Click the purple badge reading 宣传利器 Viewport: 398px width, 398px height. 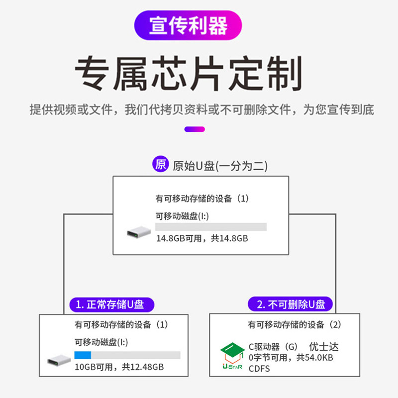click(x=189, y=25)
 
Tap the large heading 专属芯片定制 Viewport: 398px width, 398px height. click(x=189, y=73)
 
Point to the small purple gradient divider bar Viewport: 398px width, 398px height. click(x=195, y=129)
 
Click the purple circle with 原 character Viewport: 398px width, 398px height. click(x=160, y=165)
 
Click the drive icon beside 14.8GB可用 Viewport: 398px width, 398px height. click(x=138, y=232)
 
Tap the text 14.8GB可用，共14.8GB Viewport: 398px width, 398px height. click(x=202, y=238)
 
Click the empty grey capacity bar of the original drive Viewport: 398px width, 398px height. click(x=211, y=227)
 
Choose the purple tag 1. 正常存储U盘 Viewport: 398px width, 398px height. click(x=112, y=304)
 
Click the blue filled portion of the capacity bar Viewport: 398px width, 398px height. click(x=83, y=355)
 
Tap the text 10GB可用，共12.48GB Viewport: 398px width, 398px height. click(x=119, y=367)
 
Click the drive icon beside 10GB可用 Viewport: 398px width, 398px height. click(x=59, y=360)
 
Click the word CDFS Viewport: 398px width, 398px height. click(x=259, y=369)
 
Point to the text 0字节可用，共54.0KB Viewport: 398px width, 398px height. click(x=291, y=358)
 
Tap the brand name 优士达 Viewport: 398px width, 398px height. click(x=323, y=347)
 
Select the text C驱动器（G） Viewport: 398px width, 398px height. click(x=273, y=347)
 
